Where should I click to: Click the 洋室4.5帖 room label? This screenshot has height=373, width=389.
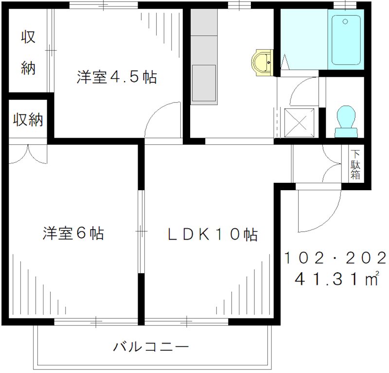coord(117,77)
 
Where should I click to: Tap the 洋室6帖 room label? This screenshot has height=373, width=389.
coord(73,233)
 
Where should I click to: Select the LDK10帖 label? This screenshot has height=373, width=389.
coord(212,234)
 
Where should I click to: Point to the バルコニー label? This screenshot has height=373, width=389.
coord(151,347)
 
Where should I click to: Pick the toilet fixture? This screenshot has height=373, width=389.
coord(346,122)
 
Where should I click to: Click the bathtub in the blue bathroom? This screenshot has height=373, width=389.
coord(346,40)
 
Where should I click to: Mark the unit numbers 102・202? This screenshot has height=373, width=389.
coord(336,257)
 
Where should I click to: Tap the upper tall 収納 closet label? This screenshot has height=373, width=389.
coord(28,53)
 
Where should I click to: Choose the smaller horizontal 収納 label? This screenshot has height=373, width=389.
coord(28,120)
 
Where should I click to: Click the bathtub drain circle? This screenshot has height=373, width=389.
coord(345,21)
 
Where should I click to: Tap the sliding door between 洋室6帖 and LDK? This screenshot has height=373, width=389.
coord(141,231)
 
